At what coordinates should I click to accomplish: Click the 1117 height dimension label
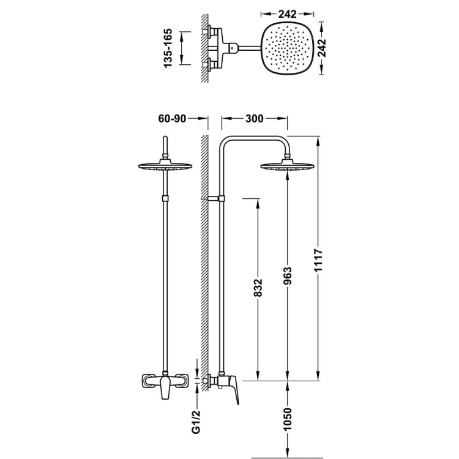coord(318,260)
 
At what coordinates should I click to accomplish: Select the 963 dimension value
coord(288,277)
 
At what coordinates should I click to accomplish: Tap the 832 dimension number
coord(258,288)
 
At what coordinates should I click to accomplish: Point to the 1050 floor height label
coord(288,419)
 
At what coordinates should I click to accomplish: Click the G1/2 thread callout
coord(196,422)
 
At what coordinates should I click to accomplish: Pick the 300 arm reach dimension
coord(255,119)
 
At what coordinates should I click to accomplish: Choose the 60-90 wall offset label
coord(172,119)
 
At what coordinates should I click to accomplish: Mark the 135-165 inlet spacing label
coord(168,48)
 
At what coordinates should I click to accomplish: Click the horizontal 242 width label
coord(287,13)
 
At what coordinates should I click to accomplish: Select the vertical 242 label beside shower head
coord(322,48)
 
